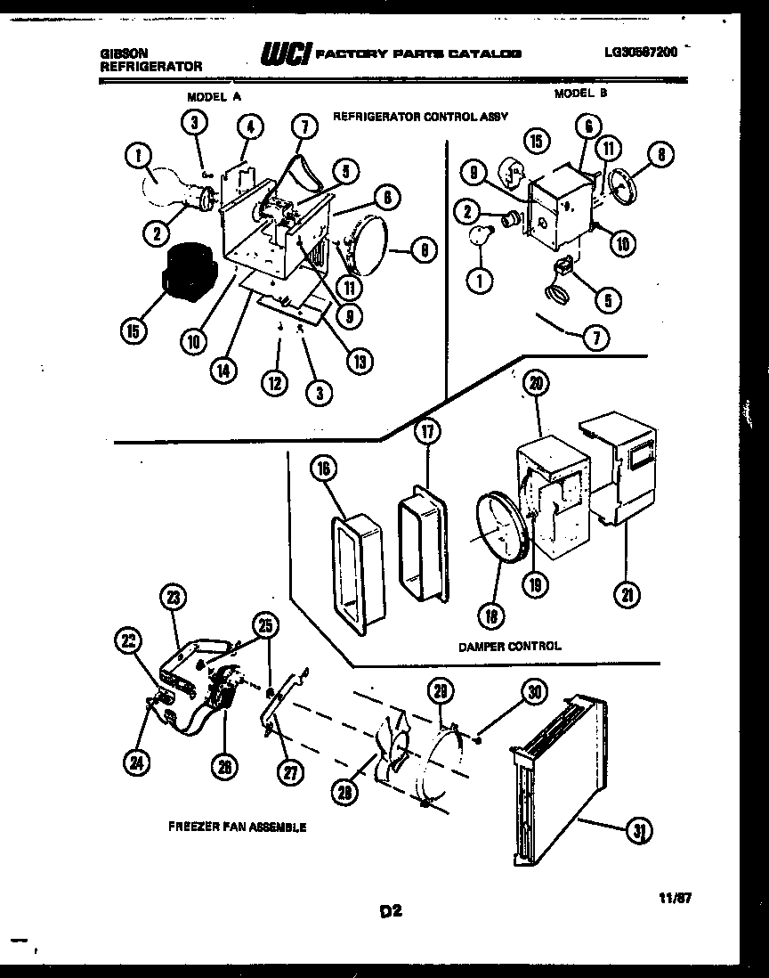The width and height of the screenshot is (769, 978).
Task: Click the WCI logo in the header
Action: pos(284,55)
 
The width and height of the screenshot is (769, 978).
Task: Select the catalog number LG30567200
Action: pos(639,52)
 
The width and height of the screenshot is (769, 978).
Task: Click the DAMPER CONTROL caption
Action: pos(510,646)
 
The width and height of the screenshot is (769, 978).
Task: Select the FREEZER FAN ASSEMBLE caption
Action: pos(237,827)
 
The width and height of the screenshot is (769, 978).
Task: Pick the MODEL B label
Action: pos(580,93)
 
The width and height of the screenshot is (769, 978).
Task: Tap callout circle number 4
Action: pos(251,127)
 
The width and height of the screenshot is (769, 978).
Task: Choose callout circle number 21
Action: pos(627,595)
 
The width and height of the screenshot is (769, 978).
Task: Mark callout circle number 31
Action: pos(638,831)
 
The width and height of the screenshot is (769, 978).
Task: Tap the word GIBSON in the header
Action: pos(124,53)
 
